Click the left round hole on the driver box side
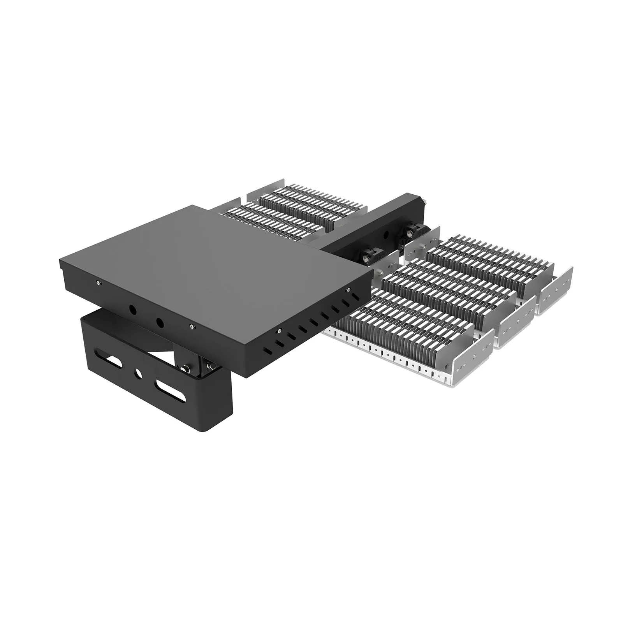tap(132, 310)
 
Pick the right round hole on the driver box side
tap(159, 323)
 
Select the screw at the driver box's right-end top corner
tap(348, 289)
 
